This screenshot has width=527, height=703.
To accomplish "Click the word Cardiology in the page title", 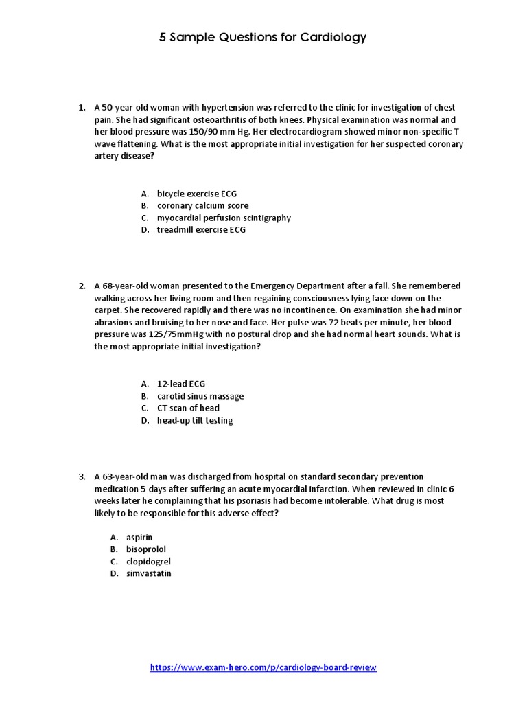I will [x=333, y=38].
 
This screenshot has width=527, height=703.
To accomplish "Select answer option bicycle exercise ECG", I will [x=196, y=194].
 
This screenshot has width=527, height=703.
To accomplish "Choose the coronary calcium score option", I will [x=202, y=205].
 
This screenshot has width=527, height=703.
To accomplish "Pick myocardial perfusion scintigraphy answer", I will [x=224, y=218].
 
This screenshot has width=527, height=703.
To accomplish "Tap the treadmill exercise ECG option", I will [x=200, y=230].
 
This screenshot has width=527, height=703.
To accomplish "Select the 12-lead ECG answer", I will [x=180, y=384].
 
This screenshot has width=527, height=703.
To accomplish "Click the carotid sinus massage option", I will [x=200, y=396].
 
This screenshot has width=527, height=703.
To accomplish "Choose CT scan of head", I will [x=188, y=408].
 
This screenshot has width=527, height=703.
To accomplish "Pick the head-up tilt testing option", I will [x=194, y=420].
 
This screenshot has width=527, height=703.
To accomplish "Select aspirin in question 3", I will [x=139, y=537].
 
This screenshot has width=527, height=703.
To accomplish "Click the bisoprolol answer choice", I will [x=145, y=549].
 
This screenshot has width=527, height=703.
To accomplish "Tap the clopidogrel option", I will [x=148, y=562].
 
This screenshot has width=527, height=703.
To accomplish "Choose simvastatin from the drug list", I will [x=148, y=573].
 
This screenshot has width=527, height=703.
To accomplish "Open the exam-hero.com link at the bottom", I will [x=263, y=667].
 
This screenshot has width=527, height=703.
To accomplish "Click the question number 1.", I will [x=80, y=108].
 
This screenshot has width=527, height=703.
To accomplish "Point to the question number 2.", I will [x=80, y=286].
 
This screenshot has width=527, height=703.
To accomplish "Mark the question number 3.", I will [x=80, y=476].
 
